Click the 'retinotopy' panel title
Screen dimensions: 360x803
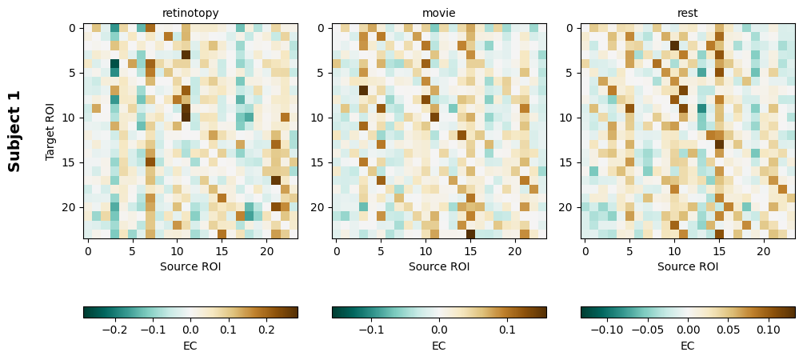click(x=190, y=13)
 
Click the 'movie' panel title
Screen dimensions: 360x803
click(x=439, y=13)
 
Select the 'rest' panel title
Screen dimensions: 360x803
click(x=688, y=13)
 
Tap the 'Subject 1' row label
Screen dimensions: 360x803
click(x=14, y=130)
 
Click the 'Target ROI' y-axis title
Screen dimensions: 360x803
click(x=50, y=130)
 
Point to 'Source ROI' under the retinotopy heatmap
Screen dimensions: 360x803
click(x=190, y=266)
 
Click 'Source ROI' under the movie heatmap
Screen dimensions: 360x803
click(x=439, y=266)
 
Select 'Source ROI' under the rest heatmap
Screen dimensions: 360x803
click(x=688, y=266)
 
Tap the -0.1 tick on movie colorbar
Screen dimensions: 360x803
click(x=370, y=329)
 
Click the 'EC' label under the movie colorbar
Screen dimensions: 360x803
click(x=439, y=346)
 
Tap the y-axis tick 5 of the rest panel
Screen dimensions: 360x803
click(x=569, y=73)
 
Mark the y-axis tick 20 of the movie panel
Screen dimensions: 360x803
click(x=321, y=207)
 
